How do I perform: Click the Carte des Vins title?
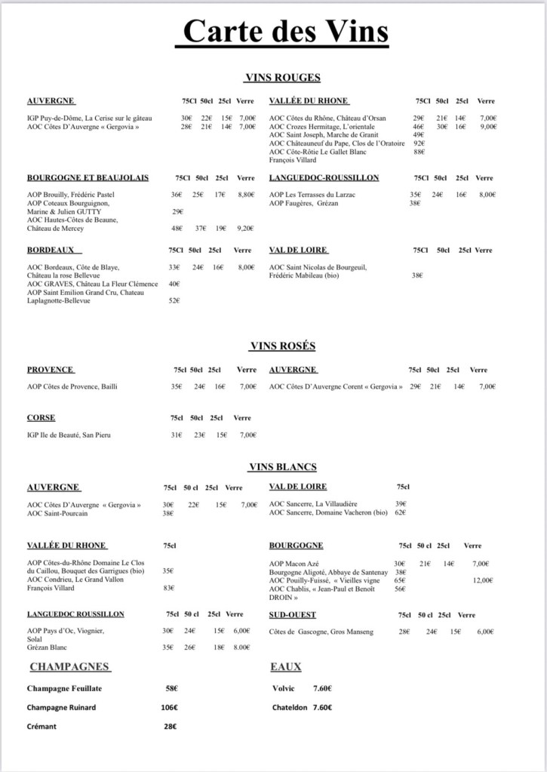click(x=286, y=32)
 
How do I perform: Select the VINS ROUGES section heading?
click(x=282, y=78)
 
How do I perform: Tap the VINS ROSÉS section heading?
click(x=282, y=346)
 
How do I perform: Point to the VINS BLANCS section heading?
click(x=282, y=467)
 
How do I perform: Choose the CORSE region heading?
click(x=41, y=417)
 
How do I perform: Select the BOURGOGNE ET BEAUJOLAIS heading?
click(x=88, y=178)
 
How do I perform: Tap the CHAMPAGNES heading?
click(x=70, y=667)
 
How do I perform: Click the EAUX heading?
click(x=285, y=667)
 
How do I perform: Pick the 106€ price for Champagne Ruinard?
click(x=169, y=708)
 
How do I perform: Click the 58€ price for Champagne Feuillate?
click(x=171, y=689)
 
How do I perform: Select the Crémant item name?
click(x=41, y=727)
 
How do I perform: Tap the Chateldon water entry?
click(x=302, y=708)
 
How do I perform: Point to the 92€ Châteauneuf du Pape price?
click(x=419, y=143)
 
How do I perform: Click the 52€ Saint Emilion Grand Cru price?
click(x=174, y=300)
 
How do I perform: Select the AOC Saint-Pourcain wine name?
click(x=58, y=513)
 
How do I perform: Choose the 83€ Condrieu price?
click(x=168, y=588)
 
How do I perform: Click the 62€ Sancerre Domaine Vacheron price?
click(x=401, y=513)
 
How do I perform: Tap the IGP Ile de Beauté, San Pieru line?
click(x=69, y=435)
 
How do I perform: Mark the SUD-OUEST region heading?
click(x=292, y=615)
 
